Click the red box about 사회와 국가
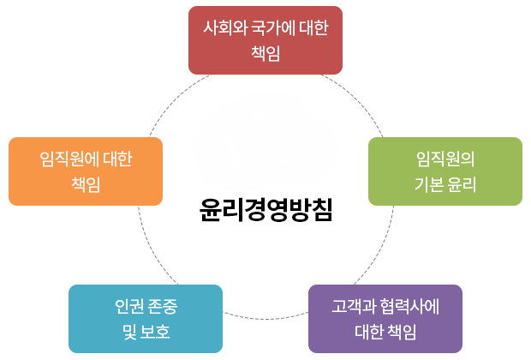click(265, 39)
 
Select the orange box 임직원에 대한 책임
click(86, 171)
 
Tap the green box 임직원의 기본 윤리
click(444, 171)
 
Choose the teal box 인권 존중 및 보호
click(146, 319)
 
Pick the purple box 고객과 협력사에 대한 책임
click(385, 319)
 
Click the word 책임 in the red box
click(265, 53)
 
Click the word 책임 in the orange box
click(86, 184)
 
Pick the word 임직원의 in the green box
click(444, 159)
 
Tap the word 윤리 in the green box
click(462, 184)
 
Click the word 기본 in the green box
click(428, 184)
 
